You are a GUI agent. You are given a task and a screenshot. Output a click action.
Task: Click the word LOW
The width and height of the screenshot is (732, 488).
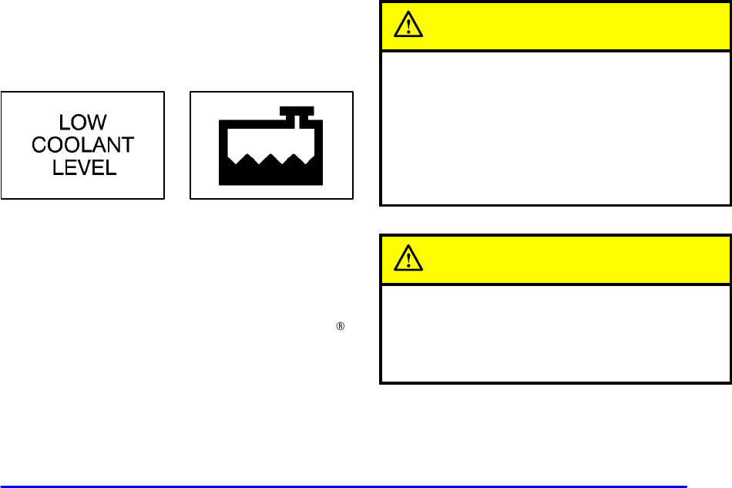click(83, 122)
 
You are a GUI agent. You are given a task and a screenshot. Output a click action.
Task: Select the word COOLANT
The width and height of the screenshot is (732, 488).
click(83, 145)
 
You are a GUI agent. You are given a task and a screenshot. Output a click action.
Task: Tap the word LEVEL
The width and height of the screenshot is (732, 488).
click(83, 167)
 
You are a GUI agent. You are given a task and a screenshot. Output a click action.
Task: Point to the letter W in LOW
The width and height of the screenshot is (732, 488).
click(97, 122)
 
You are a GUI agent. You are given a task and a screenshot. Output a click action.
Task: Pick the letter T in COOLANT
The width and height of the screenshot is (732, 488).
click(127, 145)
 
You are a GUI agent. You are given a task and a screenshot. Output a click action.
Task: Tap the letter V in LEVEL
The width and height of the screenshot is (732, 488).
click(84, 167)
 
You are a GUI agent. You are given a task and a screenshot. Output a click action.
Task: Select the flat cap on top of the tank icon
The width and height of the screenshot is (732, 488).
click(296, 109)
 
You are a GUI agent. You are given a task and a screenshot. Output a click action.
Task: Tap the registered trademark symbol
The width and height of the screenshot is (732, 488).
click(338, 327)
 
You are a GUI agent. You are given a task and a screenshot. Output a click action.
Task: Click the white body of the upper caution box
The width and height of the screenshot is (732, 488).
click(555, 127)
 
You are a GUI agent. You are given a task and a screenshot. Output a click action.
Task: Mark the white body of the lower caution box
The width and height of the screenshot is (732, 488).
click(555, 332)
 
